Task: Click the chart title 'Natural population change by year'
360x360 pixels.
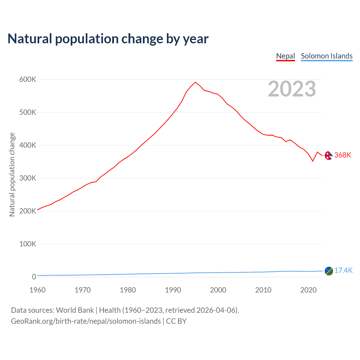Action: (x=108, y=39)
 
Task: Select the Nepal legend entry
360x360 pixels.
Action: (x=285, y=56)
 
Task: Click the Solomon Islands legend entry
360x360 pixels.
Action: (x=327, y=56)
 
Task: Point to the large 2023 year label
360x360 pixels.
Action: (x=292, y=89)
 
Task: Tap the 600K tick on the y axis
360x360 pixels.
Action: (x=28, y=80)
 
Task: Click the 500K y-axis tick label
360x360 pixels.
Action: (x=28, y=112)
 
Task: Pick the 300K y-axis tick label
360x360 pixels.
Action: (x=28, y=178)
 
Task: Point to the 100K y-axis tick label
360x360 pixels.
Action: (x=28, y=244)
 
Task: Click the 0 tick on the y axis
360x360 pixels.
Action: (x=34, y=277)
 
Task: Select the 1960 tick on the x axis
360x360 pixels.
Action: (x=37, y=290)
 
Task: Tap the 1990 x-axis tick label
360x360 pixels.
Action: (x=173, y=290)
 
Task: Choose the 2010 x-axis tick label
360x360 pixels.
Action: (x=263, y=290)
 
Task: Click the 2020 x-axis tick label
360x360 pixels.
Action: (x=309, y=290)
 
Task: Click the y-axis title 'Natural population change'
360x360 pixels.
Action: (x=12, y=174)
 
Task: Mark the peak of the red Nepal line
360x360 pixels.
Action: (x=195, y=82)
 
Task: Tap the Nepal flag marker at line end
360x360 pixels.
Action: (x=328, y=155)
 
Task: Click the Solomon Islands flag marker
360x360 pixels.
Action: (x=329, y=271)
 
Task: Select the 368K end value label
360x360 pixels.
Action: (x=343, y=155)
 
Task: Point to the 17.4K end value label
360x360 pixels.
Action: (x=343, y=271)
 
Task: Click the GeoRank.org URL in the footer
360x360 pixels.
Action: (x=86, y=321)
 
